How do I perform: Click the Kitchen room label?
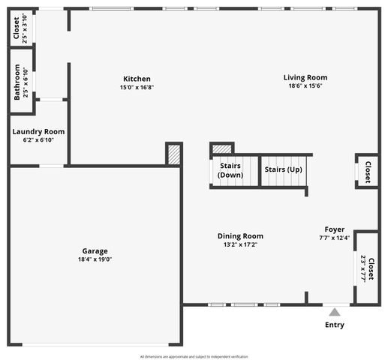tap(137, 79)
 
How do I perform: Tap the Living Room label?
tap(305, 77)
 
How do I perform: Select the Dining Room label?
tap(240, 236)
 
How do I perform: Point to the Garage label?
tap(95, 251)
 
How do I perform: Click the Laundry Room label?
tap(38, 131)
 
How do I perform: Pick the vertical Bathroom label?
tap(17, 82)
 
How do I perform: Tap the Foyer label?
tap(334, 229)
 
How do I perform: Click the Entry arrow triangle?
tap(335, 310)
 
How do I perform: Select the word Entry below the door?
tap(335, 325)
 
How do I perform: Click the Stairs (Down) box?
tap(230, 170)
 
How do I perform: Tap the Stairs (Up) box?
tap(283, 169)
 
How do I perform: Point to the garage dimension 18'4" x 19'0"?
tap(95, 259)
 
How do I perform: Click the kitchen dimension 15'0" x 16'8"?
tap(137, 88)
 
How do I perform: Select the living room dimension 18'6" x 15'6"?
tap(305, 86)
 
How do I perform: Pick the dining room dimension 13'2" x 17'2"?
tap(240, 244)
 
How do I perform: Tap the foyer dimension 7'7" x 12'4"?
tap(334, 238)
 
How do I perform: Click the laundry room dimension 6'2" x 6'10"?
tap(38, 140)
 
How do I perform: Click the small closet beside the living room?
tap(367, 171)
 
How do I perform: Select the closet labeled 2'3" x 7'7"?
tap(366, 267)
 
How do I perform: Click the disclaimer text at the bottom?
tap(194, 356)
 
